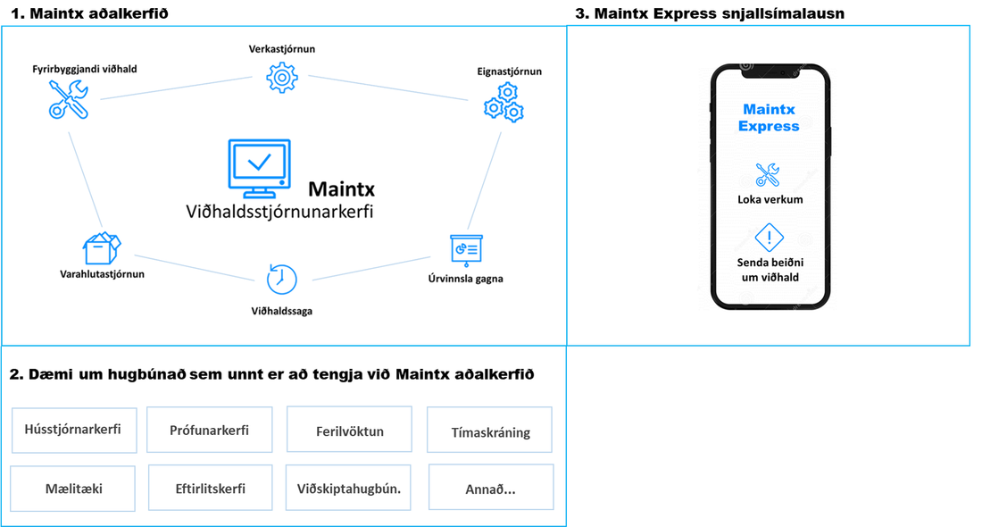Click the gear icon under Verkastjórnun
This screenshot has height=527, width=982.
(x=282, y=78)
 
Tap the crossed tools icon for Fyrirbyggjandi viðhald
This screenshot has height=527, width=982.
(x=68, y=99)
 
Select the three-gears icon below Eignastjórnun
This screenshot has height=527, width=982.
(x=503, y=102)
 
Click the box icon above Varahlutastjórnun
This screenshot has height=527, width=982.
(x=102, y=249)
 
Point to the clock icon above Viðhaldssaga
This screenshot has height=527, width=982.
(x=281, y=279)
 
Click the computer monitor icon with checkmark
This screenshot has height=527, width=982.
(x=259, y=169)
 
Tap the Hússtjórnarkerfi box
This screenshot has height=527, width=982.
(x=74, y=430)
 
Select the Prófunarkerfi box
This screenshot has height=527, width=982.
(x=209, y=430)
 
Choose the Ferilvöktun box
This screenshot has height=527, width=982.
(x=349, y=430)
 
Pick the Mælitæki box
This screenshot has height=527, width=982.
(x=72, y=489)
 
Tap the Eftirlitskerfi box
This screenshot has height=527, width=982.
(x=211, y=488)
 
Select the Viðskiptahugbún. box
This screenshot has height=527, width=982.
(x=348, y=488)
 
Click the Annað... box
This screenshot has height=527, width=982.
(x=491, y=487)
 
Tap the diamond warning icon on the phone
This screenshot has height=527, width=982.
(x=769, y=238)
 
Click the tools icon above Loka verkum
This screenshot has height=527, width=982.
(x=767, y=175)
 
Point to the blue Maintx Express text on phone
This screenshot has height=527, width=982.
(x=769, y=118)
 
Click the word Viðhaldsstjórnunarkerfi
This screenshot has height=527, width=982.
(x=279, y=212)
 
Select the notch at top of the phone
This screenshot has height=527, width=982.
(x=771, y=71)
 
